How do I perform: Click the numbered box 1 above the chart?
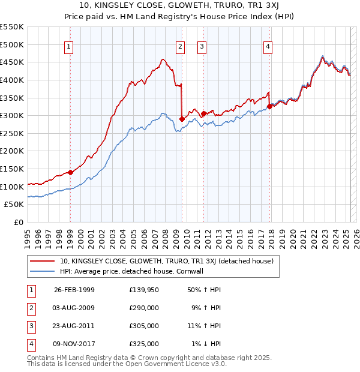point(70,48)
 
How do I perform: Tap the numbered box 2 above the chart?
point(180,48)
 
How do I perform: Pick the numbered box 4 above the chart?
point(268,48)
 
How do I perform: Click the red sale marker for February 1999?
point(70,172)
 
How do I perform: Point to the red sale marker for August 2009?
point(182,119)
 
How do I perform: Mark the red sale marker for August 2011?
point(203,113)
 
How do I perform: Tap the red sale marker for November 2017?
point(269,106)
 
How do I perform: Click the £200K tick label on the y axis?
point(12,151)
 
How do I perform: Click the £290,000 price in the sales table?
point(144,308)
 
